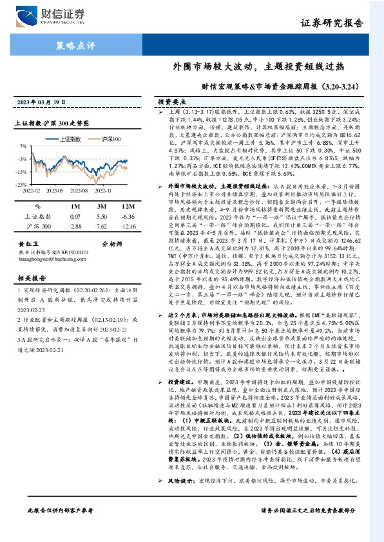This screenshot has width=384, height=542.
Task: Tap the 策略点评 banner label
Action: click(x=75, y=46)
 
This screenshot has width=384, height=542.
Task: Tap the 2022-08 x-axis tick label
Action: click(x=78, y=191)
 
